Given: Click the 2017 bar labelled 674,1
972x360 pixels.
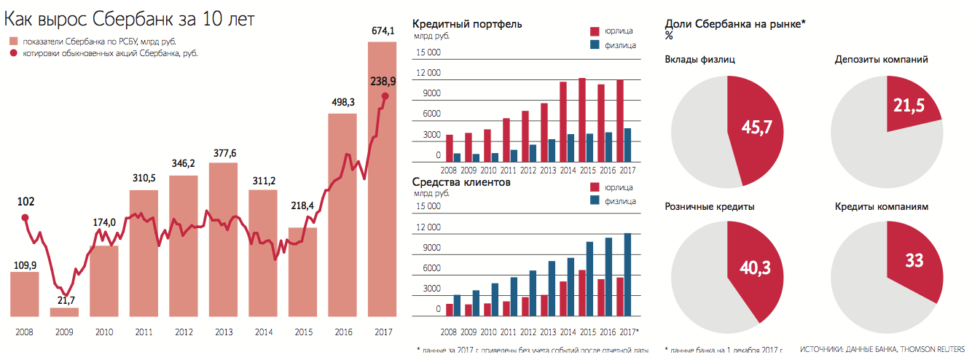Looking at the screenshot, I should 382,182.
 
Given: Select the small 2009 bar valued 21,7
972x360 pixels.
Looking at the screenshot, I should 64,313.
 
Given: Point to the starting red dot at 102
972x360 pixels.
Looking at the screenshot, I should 24,217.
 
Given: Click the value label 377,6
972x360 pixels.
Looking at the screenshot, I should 223,153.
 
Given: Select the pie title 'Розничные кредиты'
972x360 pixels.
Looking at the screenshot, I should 710,207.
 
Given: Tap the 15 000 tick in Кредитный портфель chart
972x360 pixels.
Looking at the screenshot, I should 428,52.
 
